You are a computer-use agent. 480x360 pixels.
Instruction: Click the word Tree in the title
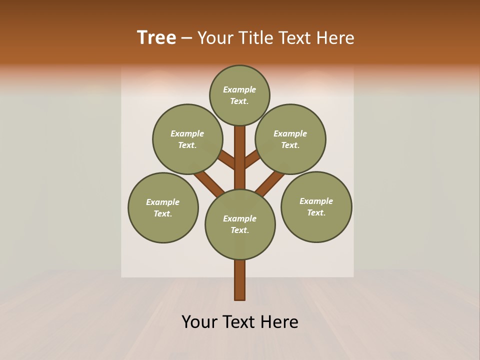coord(156,37)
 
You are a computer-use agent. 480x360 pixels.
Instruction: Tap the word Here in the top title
coord(335,37)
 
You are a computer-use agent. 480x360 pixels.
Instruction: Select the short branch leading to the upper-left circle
coord(227,160)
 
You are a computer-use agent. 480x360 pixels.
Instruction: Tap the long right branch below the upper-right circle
coord(270,182)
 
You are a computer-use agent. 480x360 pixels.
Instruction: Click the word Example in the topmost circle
coord(239,89)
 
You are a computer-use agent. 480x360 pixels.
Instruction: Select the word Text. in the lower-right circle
coord(316,212)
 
